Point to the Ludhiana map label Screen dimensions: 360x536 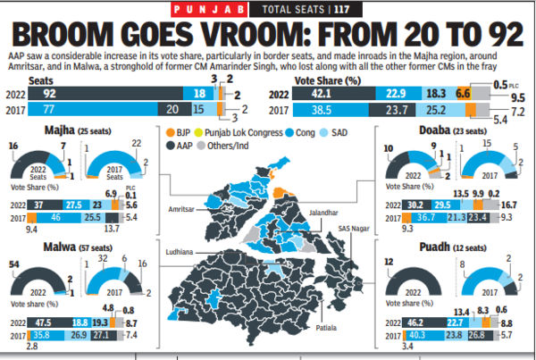tap(180, 251)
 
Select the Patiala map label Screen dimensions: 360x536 tap(326, 329)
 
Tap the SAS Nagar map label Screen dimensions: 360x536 tap(355, 230)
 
